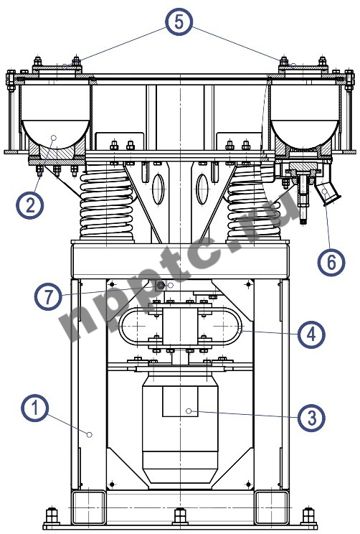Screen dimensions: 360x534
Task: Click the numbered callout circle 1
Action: coord(34,408)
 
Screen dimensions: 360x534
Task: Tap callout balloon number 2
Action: coord(30,205)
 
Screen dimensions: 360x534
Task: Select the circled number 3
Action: coord(311,418)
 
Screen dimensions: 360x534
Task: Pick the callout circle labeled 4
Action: coord(311,334)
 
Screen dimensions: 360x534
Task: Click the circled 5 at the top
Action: coord(179,22)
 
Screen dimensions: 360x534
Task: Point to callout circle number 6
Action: coord(331,262)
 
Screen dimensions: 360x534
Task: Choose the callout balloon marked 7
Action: coord(48,296)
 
